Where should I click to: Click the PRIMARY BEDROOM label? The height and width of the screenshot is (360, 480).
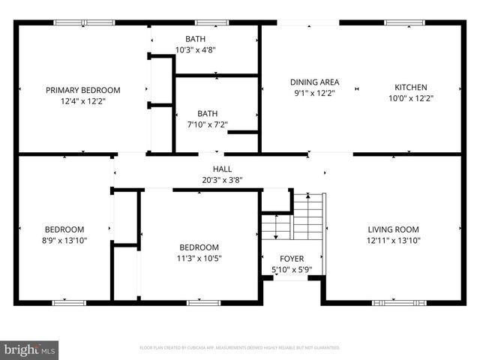coord(82,90)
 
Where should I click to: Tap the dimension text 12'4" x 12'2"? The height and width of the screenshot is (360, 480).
coord(82,103)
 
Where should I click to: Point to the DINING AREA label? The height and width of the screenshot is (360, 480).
coord(315,82)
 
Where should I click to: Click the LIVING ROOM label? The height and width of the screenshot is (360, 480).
coord(393,229)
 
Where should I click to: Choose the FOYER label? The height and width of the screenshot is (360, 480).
coord(292,259)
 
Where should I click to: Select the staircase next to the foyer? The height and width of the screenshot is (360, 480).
coord(307,217)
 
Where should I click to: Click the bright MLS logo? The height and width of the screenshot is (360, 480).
coord(30,349)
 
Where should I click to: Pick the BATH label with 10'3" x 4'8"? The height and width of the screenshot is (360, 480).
coord(195,38)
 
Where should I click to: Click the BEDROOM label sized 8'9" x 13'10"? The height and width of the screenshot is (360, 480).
coord(64,229)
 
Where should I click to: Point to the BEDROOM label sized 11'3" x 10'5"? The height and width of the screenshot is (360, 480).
coord(199,247)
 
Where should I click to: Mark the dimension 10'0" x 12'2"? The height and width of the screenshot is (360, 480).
coord(411,98)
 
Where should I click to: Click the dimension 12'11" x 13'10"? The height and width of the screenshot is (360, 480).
coord(393,241)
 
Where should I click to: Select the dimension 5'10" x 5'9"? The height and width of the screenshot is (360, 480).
coord(292,270)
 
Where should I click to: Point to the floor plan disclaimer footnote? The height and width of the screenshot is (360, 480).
coord(240,348)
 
